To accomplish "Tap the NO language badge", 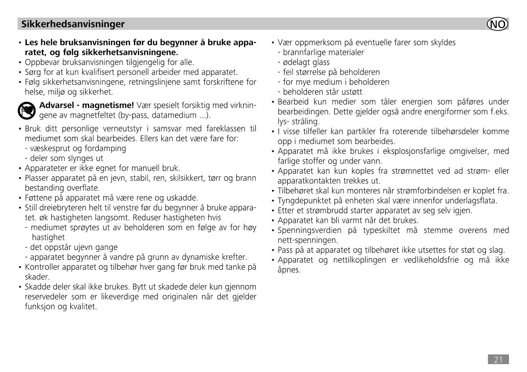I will [498, 24].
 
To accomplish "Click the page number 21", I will [498, 360].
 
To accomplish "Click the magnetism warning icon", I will [26, 111].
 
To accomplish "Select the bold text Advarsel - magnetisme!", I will [87, 106].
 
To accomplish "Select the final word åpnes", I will [289, 270].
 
